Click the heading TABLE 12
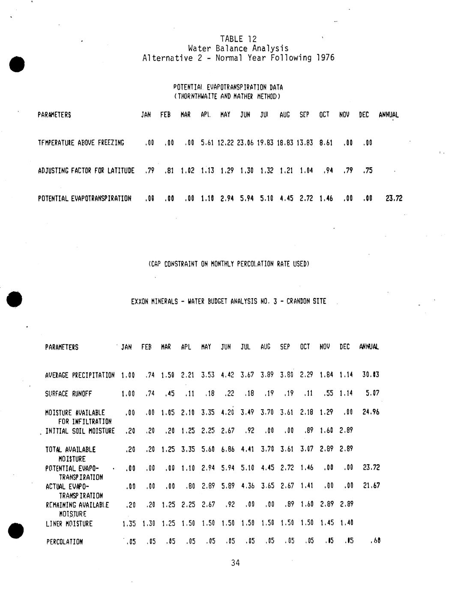(238, 39)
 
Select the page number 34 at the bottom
(235, 563)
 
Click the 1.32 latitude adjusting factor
(266, 171)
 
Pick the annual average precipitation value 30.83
(371, 375)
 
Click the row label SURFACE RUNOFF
(68, 394)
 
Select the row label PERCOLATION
(65, 542)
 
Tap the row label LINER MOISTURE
(69, 524)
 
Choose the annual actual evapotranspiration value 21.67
(371, 486)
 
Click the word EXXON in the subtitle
(140, 302)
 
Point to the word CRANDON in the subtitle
(299, 302)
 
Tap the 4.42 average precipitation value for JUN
(226, 375)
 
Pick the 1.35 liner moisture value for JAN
(129, 524)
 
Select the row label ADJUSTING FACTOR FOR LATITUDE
(86, 171)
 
